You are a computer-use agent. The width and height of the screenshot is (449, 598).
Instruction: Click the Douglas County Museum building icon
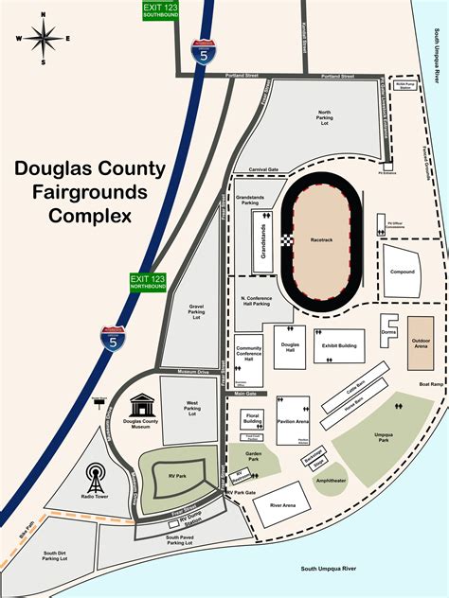click(140, 404)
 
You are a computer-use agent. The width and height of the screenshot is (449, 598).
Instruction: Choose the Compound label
click(402, 272)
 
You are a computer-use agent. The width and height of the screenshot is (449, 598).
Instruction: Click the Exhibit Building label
click(340, 345)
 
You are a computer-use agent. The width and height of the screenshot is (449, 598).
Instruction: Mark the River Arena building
click(282, 505)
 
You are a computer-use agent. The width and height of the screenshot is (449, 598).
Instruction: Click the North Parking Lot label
click(329, 116)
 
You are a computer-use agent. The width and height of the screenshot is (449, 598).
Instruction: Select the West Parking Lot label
click(192, 409)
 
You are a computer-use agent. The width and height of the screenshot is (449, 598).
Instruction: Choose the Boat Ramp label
click(430, 384)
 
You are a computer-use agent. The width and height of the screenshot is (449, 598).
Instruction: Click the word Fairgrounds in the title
click(90, 192)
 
